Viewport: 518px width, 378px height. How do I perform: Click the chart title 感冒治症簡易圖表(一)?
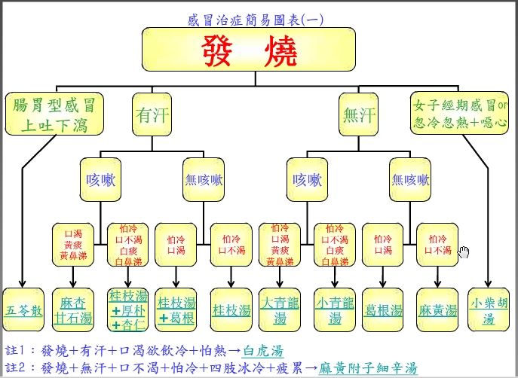point(256,20)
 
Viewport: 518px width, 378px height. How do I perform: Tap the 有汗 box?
point(153,114)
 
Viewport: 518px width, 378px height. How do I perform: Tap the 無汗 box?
point(359,115)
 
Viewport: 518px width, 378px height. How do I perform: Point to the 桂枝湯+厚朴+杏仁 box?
point(128,309)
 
